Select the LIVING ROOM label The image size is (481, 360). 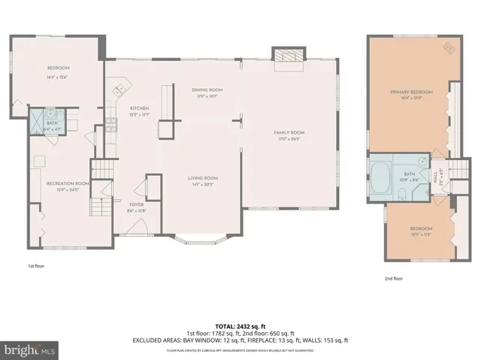[202, 177]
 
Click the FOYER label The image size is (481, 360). [136, 204]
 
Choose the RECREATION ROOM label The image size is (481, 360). [68, 183]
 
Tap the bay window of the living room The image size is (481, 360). [201, 242]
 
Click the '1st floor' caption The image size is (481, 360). [36, 266]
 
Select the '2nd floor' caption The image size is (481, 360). [393, 278]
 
